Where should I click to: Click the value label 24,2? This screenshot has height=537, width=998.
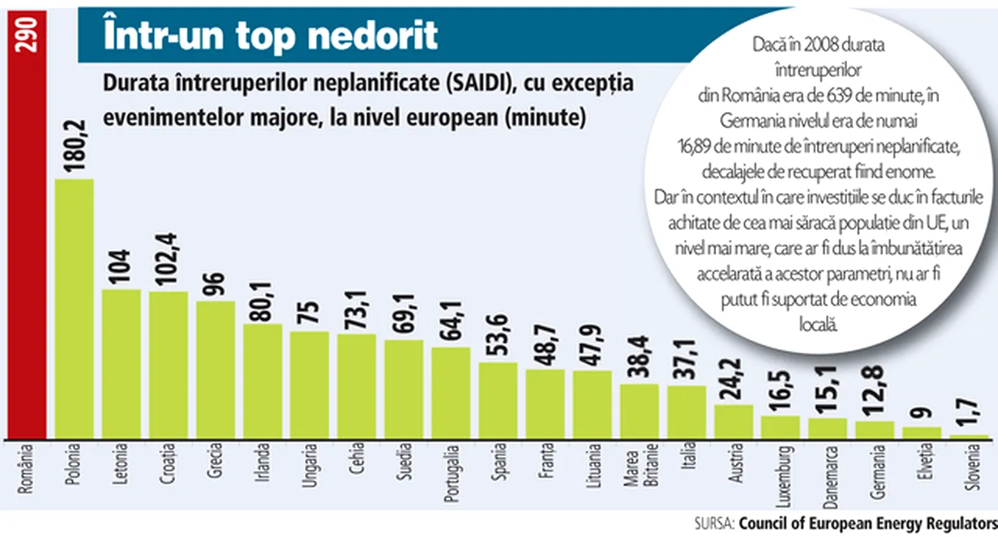point(734,378)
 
